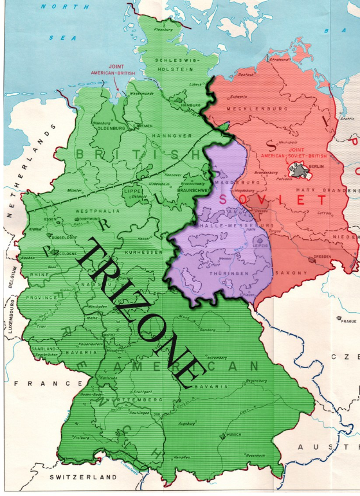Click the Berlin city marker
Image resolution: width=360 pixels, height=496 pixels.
[x=298, y=169]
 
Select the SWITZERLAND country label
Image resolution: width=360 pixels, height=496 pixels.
[x=83, y=477]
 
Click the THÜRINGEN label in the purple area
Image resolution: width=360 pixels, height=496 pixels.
[x=230, y=273]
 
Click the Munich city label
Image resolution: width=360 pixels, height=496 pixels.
[x=233, y=434]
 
